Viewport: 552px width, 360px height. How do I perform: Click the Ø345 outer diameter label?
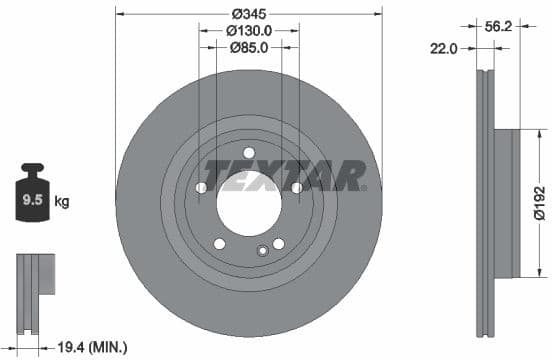pos(249,14)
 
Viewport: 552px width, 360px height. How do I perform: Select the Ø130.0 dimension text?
pos(249,30)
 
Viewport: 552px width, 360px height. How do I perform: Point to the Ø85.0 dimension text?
pos(249,46)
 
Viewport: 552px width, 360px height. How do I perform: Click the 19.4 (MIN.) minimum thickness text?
pos(93,347)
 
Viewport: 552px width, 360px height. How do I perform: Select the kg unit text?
pos(62,202)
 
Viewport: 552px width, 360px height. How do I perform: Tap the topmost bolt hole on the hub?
pos(249,153)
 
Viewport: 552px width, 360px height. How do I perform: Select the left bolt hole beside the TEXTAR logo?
pos(201,187)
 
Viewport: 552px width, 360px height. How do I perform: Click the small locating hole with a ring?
pos(264,251)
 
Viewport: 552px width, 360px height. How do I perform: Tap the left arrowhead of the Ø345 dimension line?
pos(119,14)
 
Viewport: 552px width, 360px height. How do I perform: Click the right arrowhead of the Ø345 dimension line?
pos(379,14)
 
